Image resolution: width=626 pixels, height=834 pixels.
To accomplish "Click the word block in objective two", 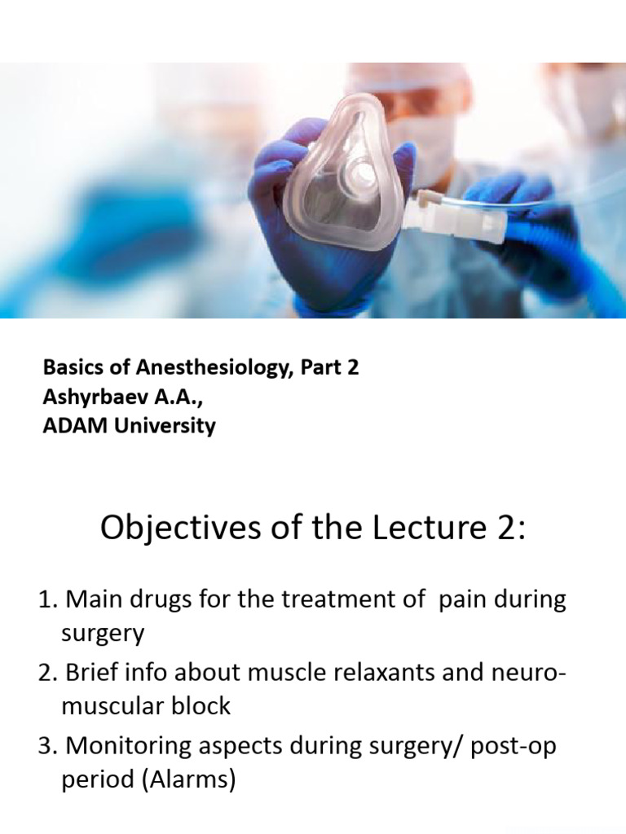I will [204, 705].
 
